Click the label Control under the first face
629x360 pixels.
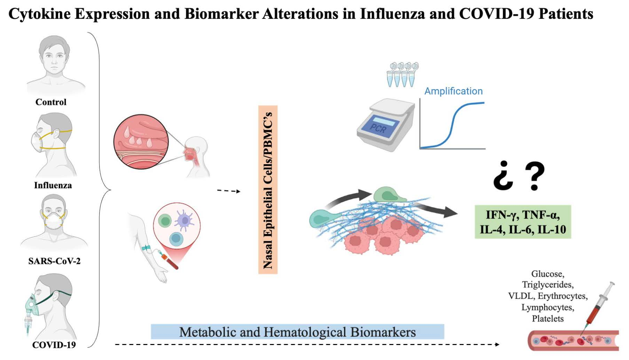click(x=51, y=102)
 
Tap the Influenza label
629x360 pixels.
click(x=53, y=185)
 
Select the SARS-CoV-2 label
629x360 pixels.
click(x=54, y=261)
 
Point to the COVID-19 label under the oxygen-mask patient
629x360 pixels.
click(x=54, y=345)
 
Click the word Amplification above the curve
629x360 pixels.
click(x=453, y=91)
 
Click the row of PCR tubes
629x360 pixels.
click(x=402, y=74)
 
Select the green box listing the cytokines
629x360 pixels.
click(x=523, y=222)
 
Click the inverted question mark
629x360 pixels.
click(x=503, y=176)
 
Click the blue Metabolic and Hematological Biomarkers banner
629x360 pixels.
click(x=297, y=332)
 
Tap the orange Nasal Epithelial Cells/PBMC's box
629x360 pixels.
click(x=268, y=190)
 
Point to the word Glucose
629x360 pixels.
click(x=548, y=274)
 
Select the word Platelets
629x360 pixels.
click(x=548, y=319)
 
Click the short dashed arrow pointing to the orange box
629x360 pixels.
click(x=228, y=191)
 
